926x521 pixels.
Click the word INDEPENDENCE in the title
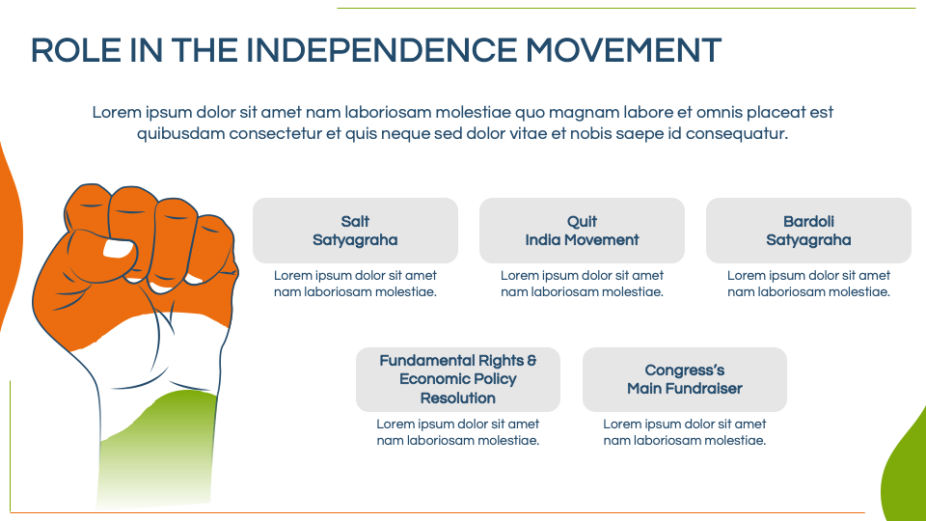pos(382,50)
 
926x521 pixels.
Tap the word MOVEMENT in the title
pos(623,50)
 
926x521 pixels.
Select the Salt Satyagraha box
pos(355,231)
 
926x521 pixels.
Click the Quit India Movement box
pos(582,231)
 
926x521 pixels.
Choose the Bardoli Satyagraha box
pos(808,231)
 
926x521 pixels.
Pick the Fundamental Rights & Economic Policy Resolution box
pos(457,379)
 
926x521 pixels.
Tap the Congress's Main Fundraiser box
pos(685,379)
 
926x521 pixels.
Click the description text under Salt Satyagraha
pos(355,284)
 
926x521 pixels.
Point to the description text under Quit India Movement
pos(582,284)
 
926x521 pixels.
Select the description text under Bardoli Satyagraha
pos(808,284)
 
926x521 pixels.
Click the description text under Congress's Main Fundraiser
pos(685,432)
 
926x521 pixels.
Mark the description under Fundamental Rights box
pos(457,432)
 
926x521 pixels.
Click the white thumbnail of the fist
pos(118,248)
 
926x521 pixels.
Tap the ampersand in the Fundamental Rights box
pos(531,360)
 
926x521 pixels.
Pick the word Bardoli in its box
pos(808,222)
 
